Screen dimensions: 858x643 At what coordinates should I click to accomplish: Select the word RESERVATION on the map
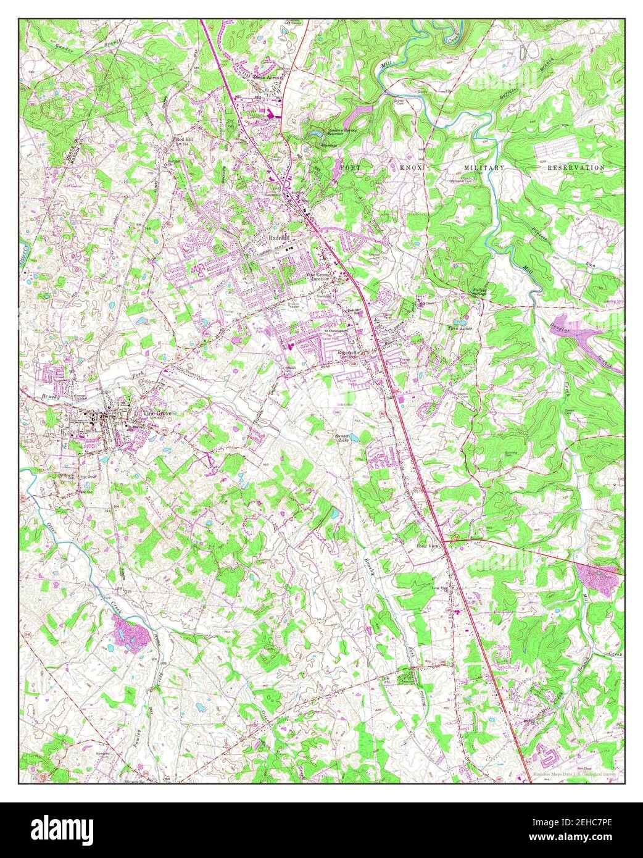578,168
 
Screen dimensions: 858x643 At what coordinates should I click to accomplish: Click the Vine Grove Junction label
315,276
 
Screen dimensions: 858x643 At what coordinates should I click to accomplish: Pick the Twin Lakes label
459,328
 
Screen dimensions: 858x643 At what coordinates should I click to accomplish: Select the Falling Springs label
480,292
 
